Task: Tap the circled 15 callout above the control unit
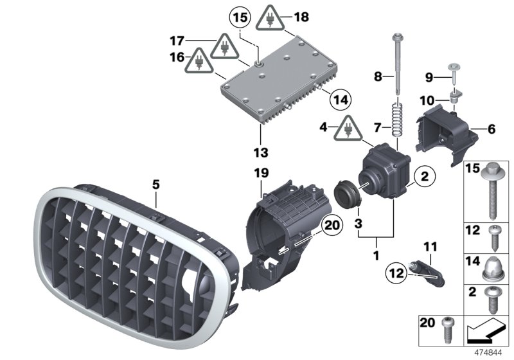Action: [x=239, y=15]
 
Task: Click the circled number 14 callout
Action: [x=341, y=100]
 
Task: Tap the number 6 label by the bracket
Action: [x=492, y=129]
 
